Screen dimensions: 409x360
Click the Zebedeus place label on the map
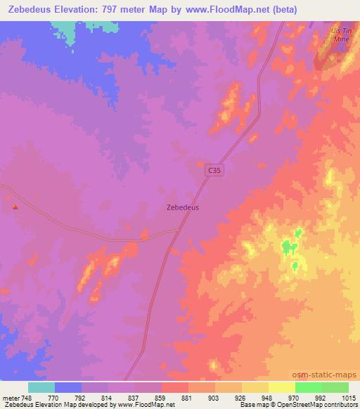click(x=182, y=208)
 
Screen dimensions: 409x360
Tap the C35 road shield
click(x=215, y=171)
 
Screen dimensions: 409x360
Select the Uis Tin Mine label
click(x=340, y=37)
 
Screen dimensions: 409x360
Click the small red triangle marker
click(x=15, y=207)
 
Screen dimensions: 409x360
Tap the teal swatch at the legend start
click(x=41, y=387)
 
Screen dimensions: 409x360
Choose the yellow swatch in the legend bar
click(x=281, y=387)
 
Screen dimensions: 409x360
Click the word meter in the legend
click(x=11, y=397)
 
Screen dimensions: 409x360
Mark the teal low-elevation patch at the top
click(x=63, y=30)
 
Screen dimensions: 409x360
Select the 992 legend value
click(x=321, y=397)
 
